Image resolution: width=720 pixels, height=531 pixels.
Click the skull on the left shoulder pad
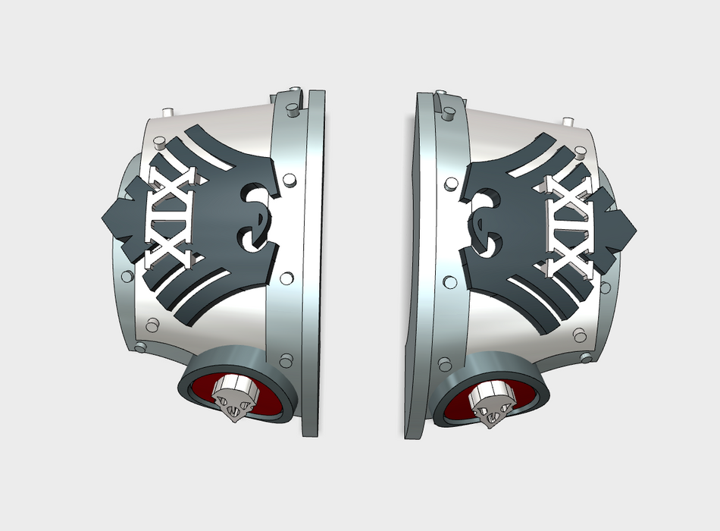coord(236,397)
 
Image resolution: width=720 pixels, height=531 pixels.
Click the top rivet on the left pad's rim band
coord(292,109)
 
